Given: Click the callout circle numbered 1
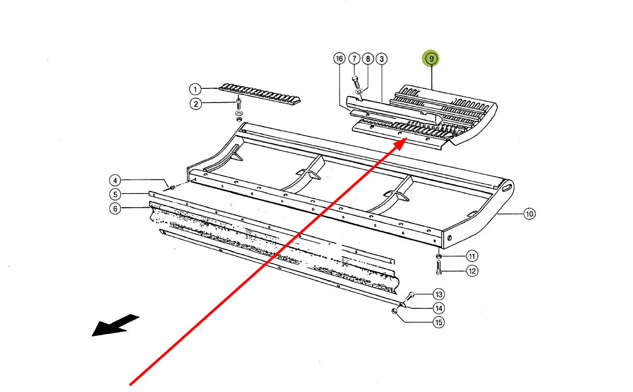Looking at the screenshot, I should [194, 89].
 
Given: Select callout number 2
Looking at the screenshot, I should [194, 104].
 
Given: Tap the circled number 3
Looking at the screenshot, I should [381, 59].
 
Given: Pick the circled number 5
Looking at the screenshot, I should [115, 194].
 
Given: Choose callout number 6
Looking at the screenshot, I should [115, 208].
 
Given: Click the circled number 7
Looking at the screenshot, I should [355, 59].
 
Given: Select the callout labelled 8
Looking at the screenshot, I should [368, 59].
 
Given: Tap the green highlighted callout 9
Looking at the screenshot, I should [431, 59].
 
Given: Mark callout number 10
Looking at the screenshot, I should [529, 214].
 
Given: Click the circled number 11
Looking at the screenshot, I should [472, 256].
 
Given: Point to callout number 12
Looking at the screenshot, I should [472, 271].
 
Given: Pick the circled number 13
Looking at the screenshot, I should [438, 294].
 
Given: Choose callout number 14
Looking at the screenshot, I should [438, 308].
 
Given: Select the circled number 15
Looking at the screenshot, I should [438, 322].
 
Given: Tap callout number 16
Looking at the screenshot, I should [339, 59].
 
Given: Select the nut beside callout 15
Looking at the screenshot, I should [394, 311].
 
